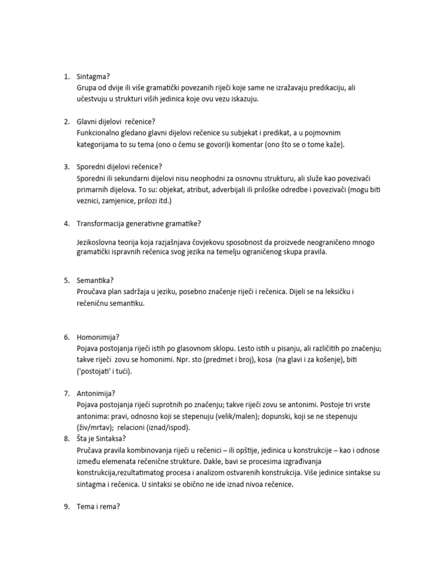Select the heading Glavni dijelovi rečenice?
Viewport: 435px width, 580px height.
[x=116, y=121]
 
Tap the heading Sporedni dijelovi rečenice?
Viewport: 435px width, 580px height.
[x=120, y=167]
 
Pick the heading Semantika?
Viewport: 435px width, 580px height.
[x=95, y=280]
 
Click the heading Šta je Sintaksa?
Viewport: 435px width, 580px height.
[x=101, y=438]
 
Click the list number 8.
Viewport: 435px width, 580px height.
[x=66, y=438]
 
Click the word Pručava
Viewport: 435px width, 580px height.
[x=92, y=450]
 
